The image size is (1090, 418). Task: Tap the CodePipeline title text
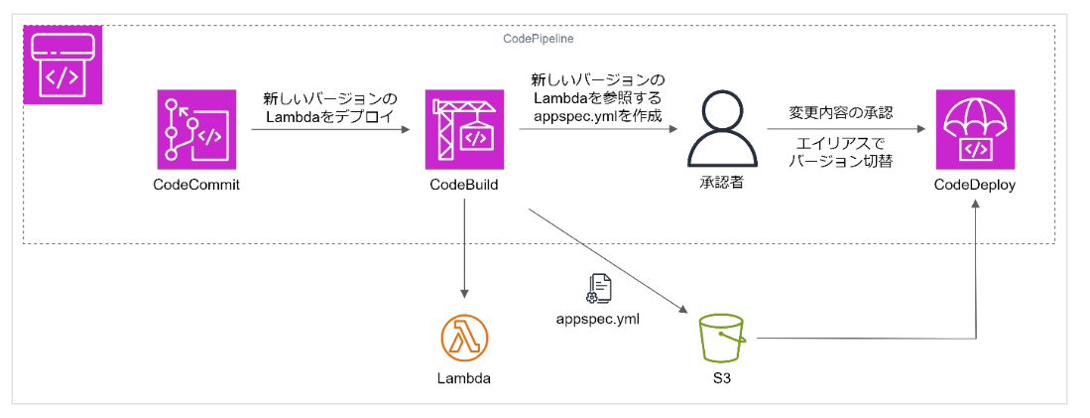pyautogui.click(x=539, y=38)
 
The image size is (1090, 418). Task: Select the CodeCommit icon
pyautogui.click(x=196, y=129)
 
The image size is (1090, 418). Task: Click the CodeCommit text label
pyautogui.click(x=196, y=185)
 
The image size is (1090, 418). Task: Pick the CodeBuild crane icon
pyautogui.click(x=463, y=129)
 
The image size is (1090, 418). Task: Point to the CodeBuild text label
pyautogui.click(x=463, y=185)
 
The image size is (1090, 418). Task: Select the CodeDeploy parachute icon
pyautogui.click(x=975, y=129)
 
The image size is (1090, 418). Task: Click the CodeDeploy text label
pyautogui.click(x=975, y=185)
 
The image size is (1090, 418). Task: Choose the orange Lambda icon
pyautogui.click(x=464, y=339)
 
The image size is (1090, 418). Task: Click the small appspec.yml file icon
pyautogui.click(x=600, y=289)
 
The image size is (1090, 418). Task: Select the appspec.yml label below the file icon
pyautogui.click(x=600, y=318)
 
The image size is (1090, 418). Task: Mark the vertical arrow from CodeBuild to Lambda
pyautogui.click(x=464, y=248)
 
